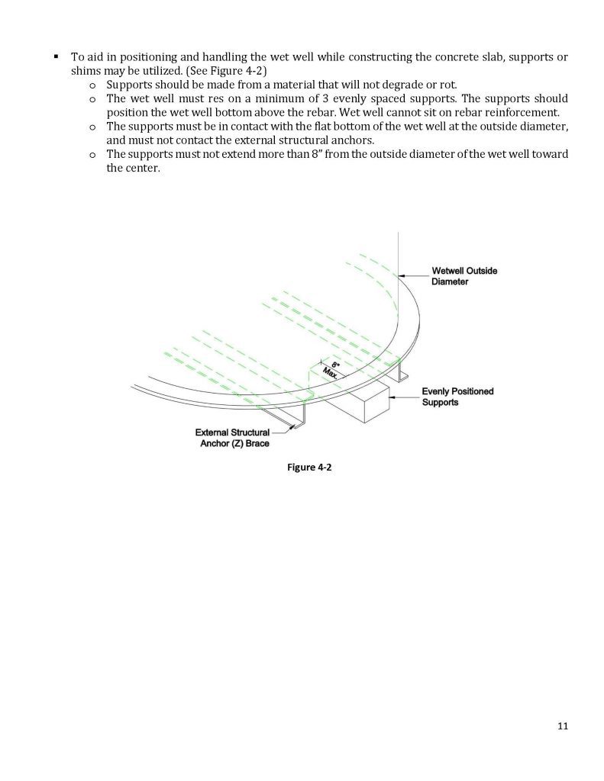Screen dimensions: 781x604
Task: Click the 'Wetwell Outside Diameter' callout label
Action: pyautogui.click(x=465, y=275)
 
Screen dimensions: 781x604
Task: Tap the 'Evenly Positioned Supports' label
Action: pyautogui.click(x=457, y=397)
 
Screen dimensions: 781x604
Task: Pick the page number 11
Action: pyautogui.click(x=563, y=725)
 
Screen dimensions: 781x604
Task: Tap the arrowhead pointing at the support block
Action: pyautogui.click(x=392, y=397)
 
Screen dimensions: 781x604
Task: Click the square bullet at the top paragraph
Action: pyautogui.click(x=57, y=56)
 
